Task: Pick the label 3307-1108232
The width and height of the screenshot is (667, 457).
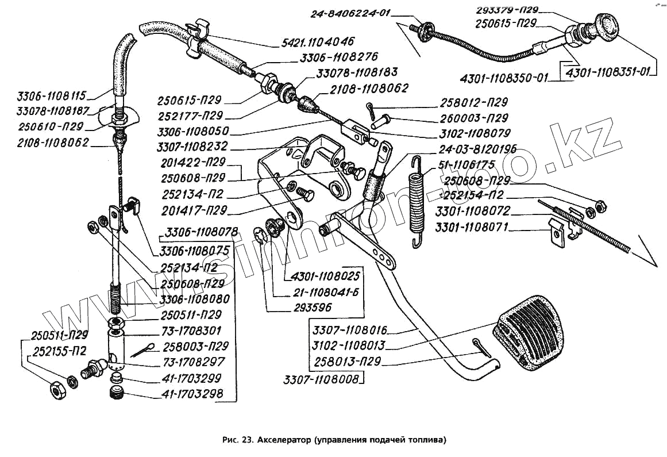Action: [x=195, y=146]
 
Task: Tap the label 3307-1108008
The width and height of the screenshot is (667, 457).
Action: [x=321, y=379]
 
